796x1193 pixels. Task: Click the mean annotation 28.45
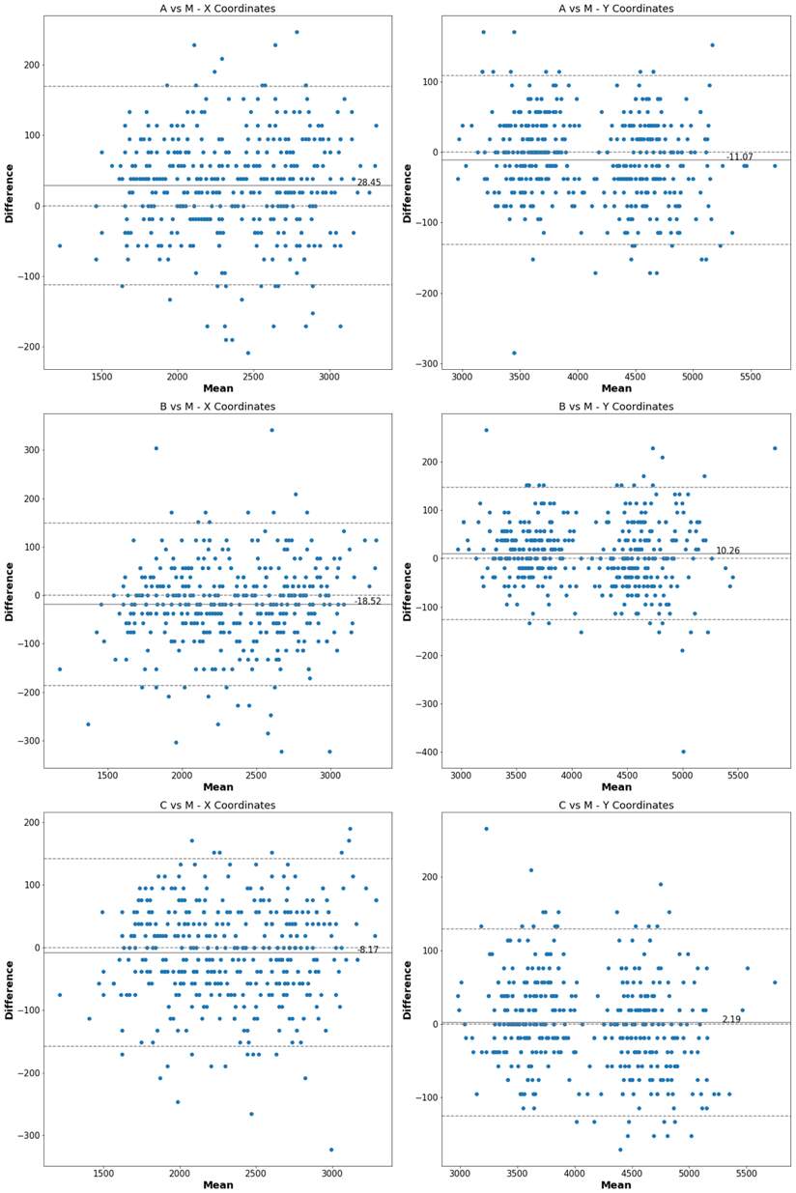368,183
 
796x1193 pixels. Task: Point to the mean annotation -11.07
740,156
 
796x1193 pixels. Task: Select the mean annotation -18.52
367,601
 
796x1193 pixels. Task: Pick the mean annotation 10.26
727,551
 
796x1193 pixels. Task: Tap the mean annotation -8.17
368,950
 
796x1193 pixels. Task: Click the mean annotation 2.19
731,1019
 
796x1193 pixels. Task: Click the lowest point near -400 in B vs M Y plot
683,752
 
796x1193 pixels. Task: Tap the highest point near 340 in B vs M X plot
271,430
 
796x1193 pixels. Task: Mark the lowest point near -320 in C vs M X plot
331,1150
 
